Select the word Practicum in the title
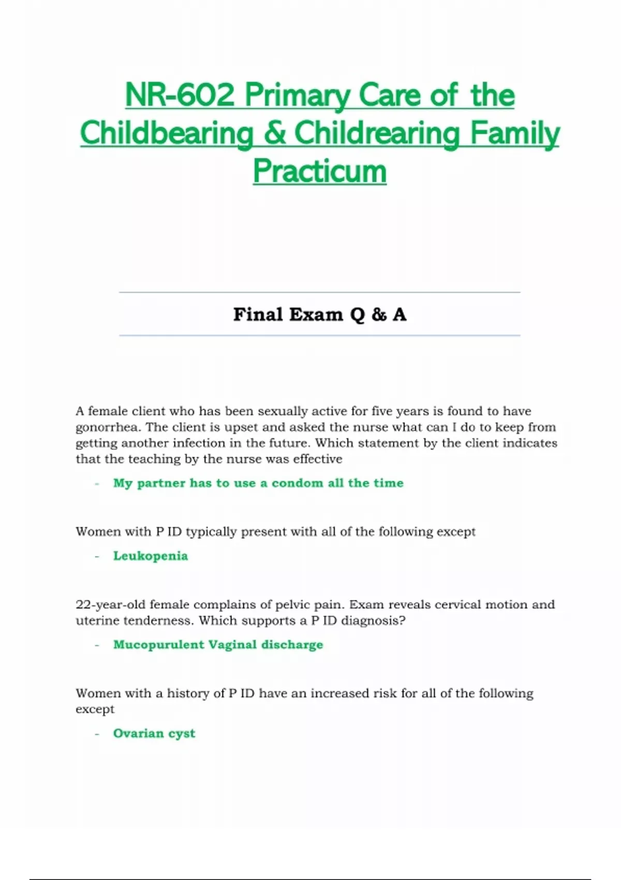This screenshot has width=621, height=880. point(319,171)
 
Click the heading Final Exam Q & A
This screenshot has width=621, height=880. point(319,314)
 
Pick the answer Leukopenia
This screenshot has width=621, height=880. point(151,556)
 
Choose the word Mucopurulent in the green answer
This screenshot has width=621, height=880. point(158,644)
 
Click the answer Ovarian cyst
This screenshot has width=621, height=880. point(154,733)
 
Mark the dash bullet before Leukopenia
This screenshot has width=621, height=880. point(97,556)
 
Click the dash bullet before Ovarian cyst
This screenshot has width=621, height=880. point(97,733)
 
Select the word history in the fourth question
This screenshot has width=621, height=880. point(188,694)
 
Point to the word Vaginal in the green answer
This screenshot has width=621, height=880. point(232,644)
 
